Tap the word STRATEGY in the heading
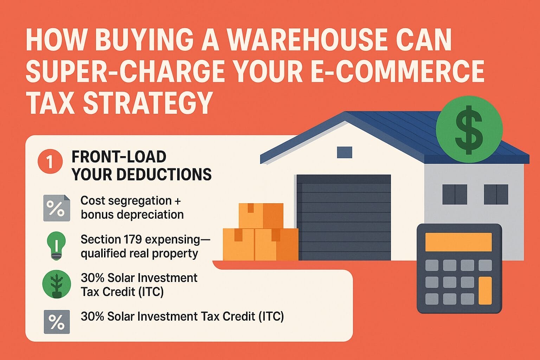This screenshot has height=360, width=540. pyautogui.click(x=148, y=102)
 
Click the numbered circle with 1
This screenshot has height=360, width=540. pyautogui.click(x=50, y=161)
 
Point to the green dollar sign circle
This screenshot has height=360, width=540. pyautogui.click(x=469, y=129)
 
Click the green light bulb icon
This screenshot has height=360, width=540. pyautogui.click(x=56, y=246)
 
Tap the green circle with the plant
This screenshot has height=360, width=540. pyautogui.click(x=57, y=284)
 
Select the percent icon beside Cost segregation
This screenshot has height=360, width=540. pyautogui.click(x=57, y=208)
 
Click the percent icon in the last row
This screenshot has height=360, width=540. pyautogui.click(x=57, y=322)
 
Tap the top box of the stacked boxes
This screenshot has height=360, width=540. pyautogui.click(x=261, y=216)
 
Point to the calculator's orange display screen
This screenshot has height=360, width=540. pyautogui.click(x=458, y=242)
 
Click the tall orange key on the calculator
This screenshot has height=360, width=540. pyautogui.click(x=485, y=290)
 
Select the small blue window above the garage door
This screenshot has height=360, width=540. pyautogui.click(x=345, y=152)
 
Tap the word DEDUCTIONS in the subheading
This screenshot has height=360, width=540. pyautogui.click(x=164, y=174)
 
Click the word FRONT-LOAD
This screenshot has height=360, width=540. pyautogui.click(x=119, y=157)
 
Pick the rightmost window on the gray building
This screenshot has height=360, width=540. pyautogui.click(x=496, y=194)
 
